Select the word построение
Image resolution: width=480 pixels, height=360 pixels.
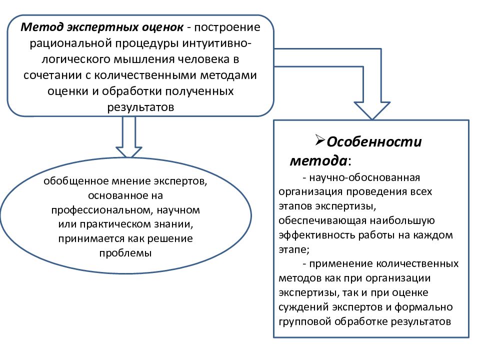click(227, 27)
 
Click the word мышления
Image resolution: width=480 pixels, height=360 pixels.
click(144, 59)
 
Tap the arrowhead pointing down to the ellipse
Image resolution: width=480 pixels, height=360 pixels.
click(129, 152)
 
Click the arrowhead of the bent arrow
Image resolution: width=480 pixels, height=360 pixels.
click(372, 110)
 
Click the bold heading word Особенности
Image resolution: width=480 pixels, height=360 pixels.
click(374, 141)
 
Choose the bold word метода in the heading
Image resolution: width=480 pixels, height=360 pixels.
click(318, 161)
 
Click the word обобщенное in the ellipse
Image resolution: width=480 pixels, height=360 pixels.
click(76, 181)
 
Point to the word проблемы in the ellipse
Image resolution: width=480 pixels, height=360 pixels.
click(125, 253)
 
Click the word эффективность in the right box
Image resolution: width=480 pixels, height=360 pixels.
click(317, 235)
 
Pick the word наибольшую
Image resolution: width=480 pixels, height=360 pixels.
click(402, 220)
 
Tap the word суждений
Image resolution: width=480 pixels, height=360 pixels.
click(303, 307)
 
